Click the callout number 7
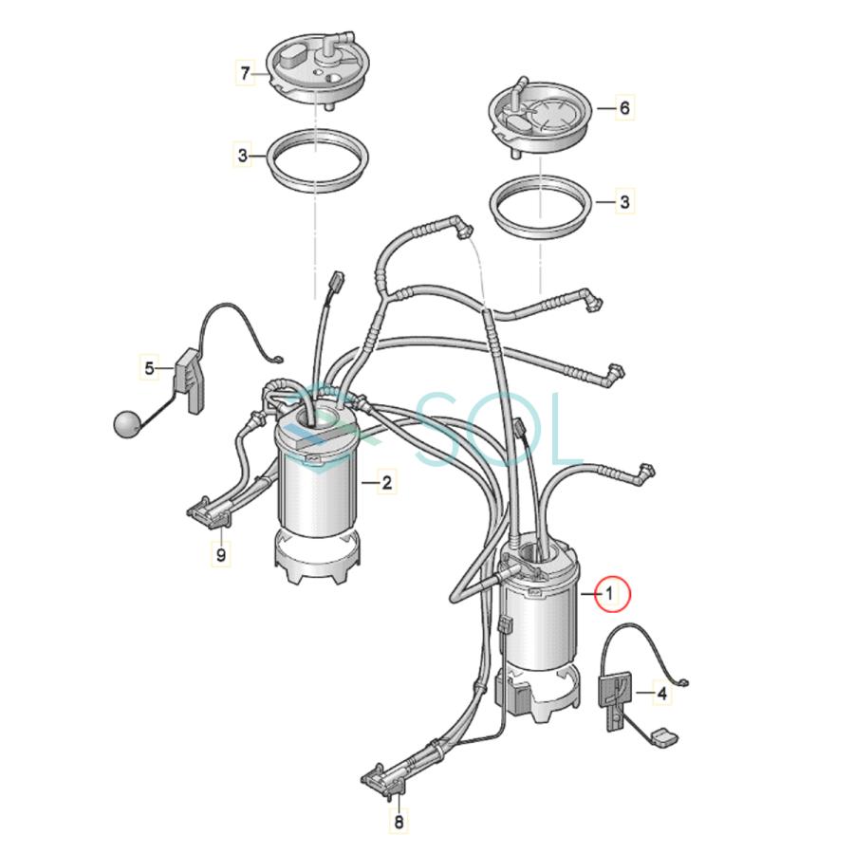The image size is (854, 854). (246, 72)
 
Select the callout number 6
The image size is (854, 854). (624, 108)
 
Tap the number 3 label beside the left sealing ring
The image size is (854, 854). (243, 154)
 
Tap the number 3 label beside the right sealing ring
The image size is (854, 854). (624, 201)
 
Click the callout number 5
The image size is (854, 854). (149, 366)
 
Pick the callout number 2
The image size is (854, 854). (386, 483)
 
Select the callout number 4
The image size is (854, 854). (661, 694)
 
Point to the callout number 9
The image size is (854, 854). (220, 555)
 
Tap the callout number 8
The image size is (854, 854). (399, 823)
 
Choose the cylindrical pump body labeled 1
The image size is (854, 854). (538, 622)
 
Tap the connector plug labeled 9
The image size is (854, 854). (210, 513)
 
